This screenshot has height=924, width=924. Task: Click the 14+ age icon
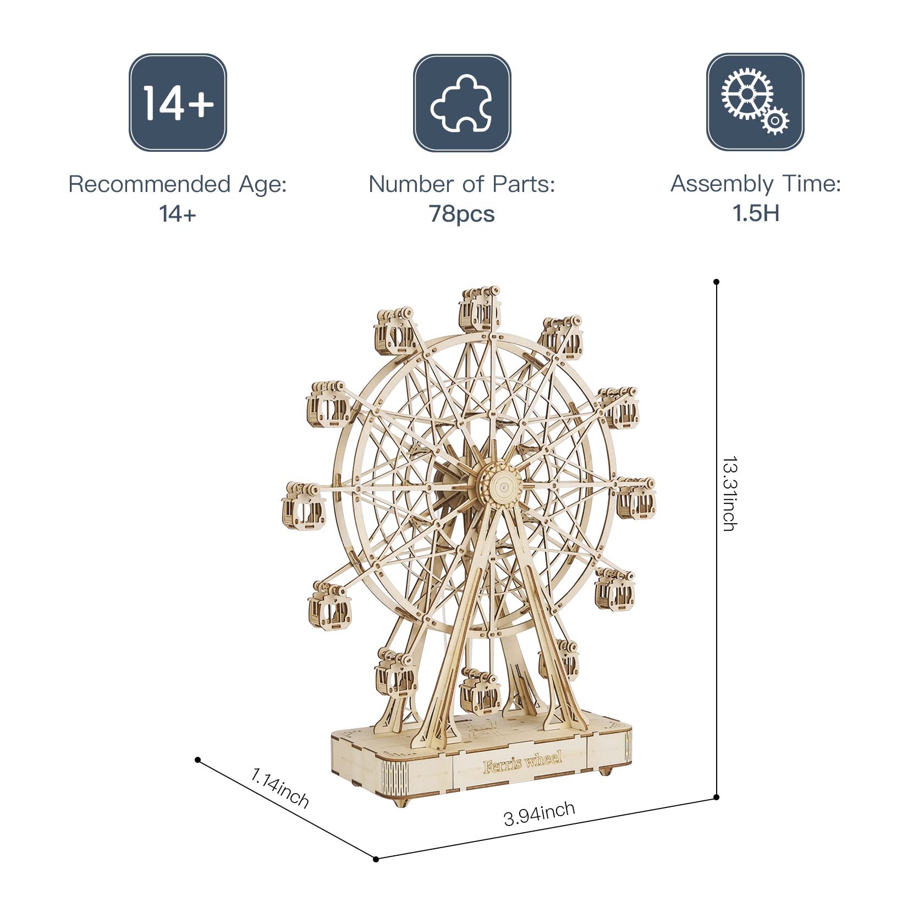tap(178, 102)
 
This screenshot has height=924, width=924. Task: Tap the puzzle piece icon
tap(462, 102)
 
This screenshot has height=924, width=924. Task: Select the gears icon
tap(755, 102)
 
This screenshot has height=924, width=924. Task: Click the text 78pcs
tap(462, 213)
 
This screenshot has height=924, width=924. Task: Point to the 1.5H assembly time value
tap(756, 213)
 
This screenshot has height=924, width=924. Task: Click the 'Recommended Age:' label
tap(178, 184)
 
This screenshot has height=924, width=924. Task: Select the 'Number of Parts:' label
tap(462, 184)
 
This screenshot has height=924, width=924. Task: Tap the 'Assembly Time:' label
tap(756, 184)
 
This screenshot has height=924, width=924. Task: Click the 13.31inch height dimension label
tap(730, 493)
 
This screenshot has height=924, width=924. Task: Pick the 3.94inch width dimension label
tap(540, 814)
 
